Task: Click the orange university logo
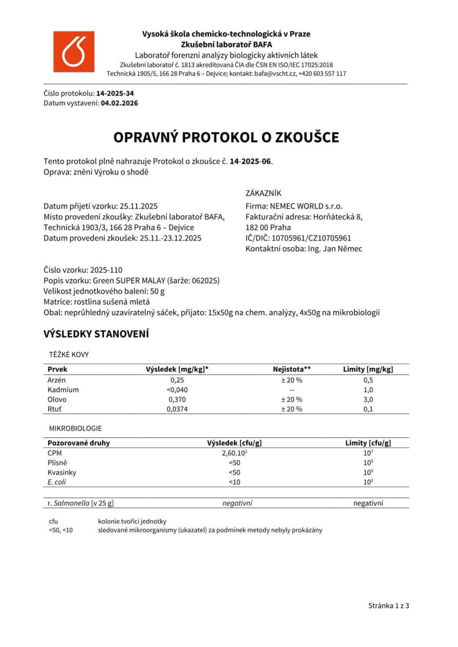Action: pos(73,52)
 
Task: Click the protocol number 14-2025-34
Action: pos(115,93)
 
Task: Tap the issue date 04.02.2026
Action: pos(119,103)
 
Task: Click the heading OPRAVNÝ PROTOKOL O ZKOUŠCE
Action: pos(226,137)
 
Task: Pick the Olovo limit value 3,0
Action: pos(368,399)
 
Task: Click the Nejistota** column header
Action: pos(292,369)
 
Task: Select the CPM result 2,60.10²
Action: pos(234,453)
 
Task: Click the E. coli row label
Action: pos(57,482)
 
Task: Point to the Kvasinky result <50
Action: pos(234,472)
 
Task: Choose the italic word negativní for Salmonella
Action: pos(237,503)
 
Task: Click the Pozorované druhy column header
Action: pos(78,443)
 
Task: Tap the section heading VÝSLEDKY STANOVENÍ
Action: pos(96,334)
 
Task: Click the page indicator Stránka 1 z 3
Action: pos(389,605)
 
